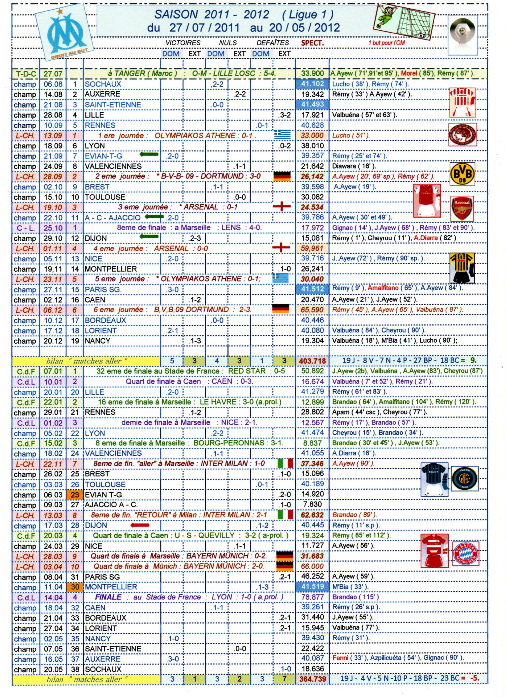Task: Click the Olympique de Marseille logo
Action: pos(64,32)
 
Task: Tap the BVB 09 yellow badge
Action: pos(462,174)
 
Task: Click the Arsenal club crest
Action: pos(462,209)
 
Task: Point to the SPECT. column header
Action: pos(312,43)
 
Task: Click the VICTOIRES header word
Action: pos(183,43)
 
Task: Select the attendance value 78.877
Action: pos(312,597)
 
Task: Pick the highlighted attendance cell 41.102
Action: pos(312,84)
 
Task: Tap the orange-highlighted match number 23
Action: pos(75,494)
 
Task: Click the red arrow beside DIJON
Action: pos(140,525)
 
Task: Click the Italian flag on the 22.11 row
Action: pos(285,463)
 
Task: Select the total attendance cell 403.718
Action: pos(312,361)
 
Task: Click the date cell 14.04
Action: pos(53,597)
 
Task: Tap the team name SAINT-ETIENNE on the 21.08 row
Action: pos(113,105)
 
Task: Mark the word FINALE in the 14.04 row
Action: pos(108,597)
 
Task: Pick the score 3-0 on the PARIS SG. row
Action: pos(173,290)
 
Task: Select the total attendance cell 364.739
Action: pos(312,679)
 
